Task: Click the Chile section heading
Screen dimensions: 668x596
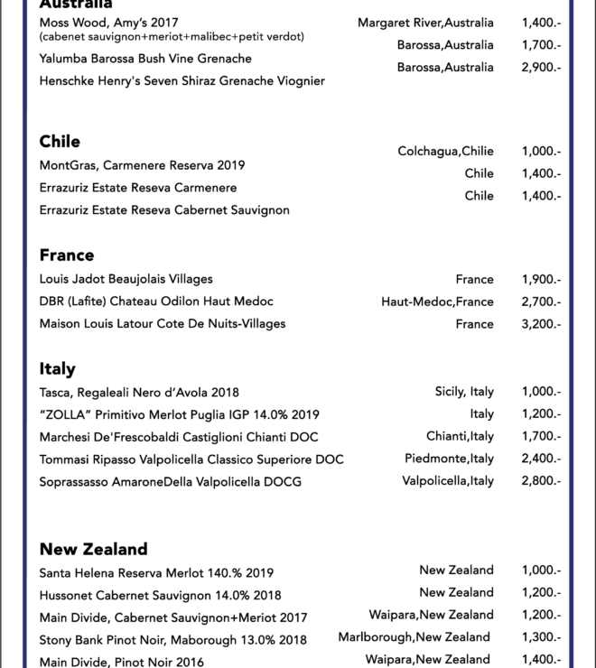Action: pyautogui.click(x=60, y=142)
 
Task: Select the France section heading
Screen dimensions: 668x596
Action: pyautogui.click(x=67, y=255)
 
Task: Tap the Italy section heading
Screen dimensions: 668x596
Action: pyautogui.click(x=57, y=368)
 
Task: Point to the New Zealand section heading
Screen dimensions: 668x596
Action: pyautogui.click(x=93, y=549)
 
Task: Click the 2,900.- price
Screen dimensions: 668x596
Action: pyautogui.click(x=541, y=68)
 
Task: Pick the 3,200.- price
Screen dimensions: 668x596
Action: pyautogui.click(x=541, y=324)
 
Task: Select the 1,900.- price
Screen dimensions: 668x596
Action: pyautogui.click(x=541, y=280)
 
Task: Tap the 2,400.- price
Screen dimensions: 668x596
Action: pyautogui.click(x=541, y=459)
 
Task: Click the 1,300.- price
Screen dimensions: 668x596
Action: pyautogui.click(x=541, y=637)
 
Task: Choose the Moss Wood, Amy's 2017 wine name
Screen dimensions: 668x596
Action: pyautogui.click(x=108, y=23)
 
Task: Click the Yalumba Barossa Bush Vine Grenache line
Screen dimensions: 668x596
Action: pyautogui.click(x=145, y=59)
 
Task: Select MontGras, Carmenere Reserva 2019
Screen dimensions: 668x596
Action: pyautogui.click(x=142, y=165)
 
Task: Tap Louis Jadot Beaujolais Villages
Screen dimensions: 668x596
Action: pyautogui.click(x=126, y=279)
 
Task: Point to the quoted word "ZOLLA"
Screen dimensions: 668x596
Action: pyautogui.click(x=65, y=414)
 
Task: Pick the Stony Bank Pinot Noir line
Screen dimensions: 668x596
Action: pyautogui.click(x=172, y=640)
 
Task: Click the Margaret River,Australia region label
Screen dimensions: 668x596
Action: pyautogui.click(x=425, y=23)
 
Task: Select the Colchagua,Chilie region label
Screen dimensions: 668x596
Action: pyautogui.click(x=445, y=152)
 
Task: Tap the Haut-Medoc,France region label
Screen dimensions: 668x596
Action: pyautogui.click(x=437, y=302)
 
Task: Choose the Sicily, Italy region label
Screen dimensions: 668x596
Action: pyautogui.click(x=464, y=392)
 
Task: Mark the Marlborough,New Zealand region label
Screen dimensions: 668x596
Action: pyautogui.click(x=414, y=637)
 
